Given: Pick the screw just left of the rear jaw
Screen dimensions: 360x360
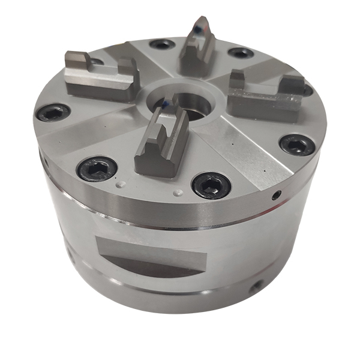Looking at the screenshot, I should point(162,44).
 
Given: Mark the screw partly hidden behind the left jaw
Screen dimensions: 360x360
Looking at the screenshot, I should point(96,61).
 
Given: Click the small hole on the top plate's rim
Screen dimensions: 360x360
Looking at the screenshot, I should point(276,195).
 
